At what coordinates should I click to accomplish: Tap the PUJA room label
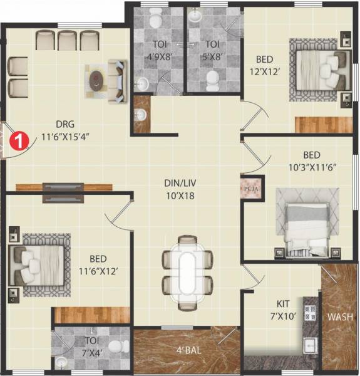[249, 187]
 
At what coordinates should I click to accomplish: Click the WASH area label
[339, 316]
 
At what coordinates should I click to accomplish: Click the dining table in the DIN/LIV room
[187, 273]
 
